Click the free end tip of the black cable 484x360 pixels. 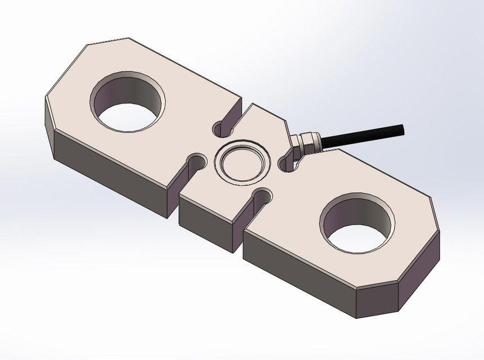point(402,128)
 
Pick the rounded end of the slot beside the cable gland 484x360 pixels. point(286,164)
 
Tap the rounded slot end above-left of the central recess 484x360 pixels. point(220,129)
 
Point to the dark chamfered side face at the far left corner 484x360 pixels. point(49,121)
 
